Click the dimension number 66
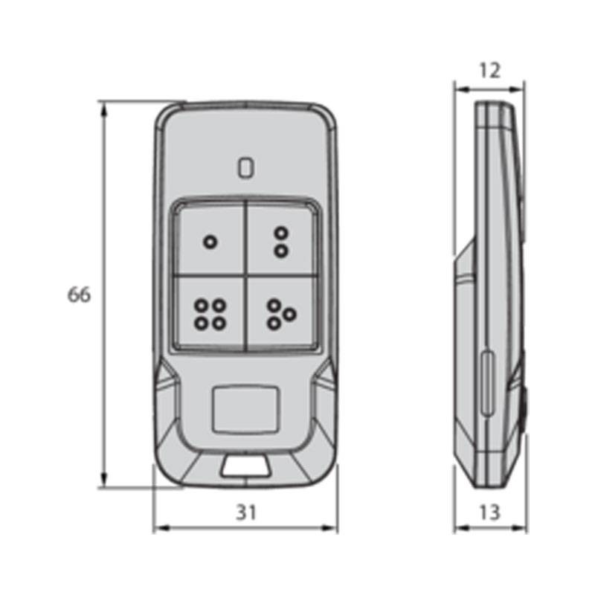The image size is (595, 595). tap(79, 295)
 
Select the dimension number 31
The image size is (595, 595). tap(245, 512)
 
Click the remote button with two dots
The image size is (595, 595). tap(280, 241)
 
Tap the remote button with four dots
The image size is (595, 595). tap(210, 313)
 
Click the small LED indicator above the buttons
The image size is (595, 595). tap(245, 167)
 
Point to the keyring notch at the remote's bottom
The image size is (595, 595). tap(245, 466)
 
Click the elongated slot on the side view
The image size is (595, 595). tap(486, 383)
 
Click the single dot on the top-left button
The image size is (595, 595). tap(210, 242)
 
